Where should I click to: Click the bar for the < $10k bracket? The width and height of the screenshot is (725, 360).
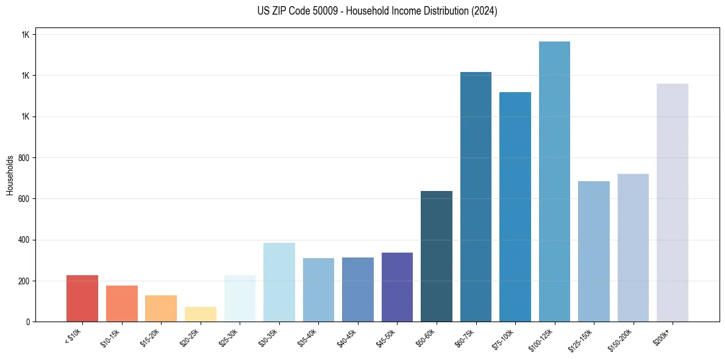82,298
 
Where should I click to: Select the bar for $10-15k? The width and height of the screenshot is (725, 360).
121,303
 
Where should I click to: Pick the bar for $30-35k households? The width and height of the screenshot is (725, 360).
279,282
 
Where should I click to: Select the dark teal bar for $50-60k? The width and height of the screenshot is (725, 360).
437,256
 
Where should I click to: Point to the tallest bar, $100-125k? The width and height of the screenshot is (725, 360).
554,181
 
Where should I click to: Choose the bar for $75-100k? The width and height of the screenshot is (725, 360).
515,207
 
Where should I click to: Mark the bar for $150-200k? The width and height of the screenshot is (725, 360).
633,248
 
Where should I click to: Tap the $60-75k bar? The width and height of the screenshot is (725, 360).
476,196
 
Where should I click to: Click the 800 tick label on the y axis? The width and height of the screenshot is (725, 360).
24,158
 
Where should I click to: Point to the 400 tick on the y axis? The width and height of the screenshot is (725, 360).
24,240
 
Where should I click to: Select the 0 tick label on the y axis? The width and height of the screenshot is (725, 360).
28,322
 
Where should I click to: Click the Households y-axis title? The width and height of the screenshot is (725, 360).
10,175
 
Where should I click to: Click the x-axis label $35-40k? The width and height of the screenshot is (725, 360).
309,337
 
